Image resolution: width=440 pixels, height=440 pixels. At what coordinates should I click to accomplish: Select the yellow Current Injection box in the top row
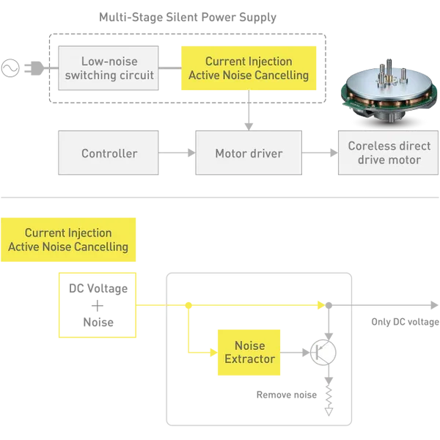point(249,68)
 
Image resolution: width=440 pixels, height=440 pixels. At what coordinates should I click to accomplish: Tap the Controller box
point(109,153)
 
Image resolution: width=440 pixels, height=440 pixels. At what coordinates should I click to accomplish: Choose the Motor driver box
point(249,153)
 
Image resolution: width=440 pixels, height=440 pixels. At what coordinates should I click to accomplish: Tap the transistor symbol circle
point(323,353)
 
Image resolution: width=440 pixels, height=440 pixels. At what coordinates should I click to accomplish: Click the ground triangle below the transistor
point(329,411)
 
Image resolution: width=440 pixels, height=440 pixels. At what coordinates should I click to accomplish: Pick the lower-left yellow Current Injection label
point(68,240)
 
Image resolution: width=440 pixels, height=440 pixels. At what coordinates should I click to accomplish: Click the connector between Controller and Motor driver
point(176,153)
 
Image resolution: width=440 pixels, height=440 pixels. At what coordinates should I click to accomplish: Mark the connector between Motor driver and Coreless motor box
point(320,153)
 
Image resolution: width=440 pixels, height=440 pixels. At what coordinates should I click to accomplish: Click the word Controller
point(109,153)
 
